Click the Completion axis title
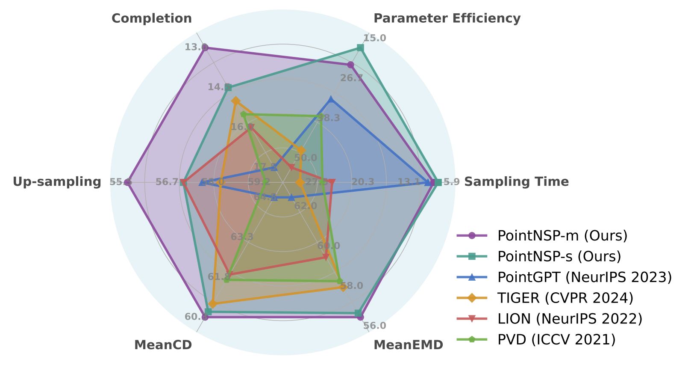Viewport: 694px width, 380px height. (152, 18)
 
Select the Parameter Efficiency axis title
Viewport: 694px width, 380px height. (447, 18)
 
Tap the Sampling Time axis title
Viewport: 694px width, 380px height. (516, 182)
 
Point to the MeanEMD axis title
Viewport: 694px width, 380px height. (408, 345)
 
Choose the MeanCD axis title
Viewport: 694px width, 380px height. (163, 345)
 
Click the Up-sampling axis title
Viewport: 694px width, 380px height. (57, 182)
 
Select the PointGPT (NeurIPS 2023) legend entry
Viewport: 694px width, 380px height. (585, 277)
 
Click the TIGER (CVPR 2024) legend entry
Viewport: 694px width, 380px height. (565, 298)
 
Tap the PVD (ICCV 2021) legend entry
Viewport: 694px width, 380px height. (556, 339)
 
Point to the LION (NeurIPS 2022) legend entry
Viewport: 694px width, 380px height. (570, 318)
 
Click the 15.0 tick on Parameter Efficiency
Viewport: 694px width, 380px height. (374, 38)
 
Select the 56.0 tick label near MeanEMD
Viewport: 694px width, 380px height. (374, 326)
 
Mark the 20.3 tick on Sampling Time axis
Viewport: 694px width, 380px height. (363, 182)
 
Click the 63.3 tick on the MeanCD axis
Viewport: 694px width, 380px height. (242, 237)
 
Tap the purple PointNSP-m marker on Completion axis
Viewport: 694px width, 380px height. (205, 47)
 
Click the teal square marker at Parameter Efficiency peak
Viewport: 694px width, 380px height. (360, 47)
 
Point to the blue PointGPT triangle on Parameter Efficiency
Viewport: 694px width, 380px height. (330, 100)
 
